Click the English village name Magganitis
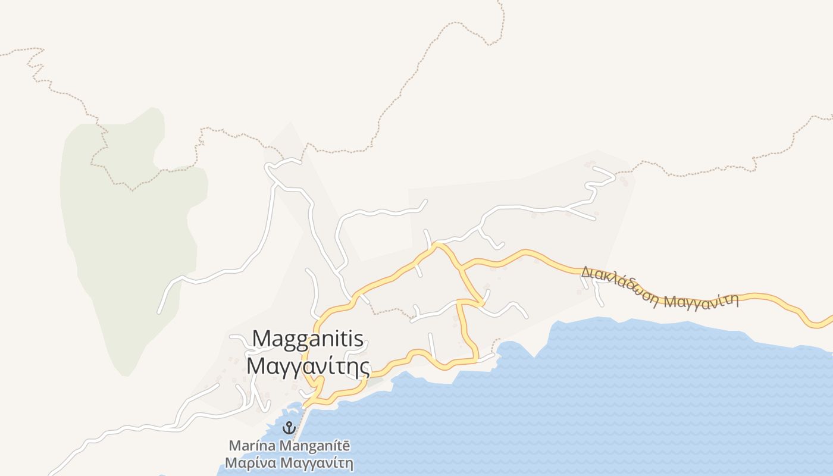(308, 339)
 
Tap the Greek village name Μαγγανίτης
(308, 365)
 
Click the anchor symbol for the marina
(289, 427)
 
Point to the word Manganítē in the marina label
(315, 446)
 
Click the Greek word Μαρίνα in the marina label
(250, 463)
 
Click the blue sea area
(595, 405)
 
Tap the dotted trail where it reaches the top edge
(499, 2)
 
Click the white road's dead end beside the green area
(159, 311)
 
